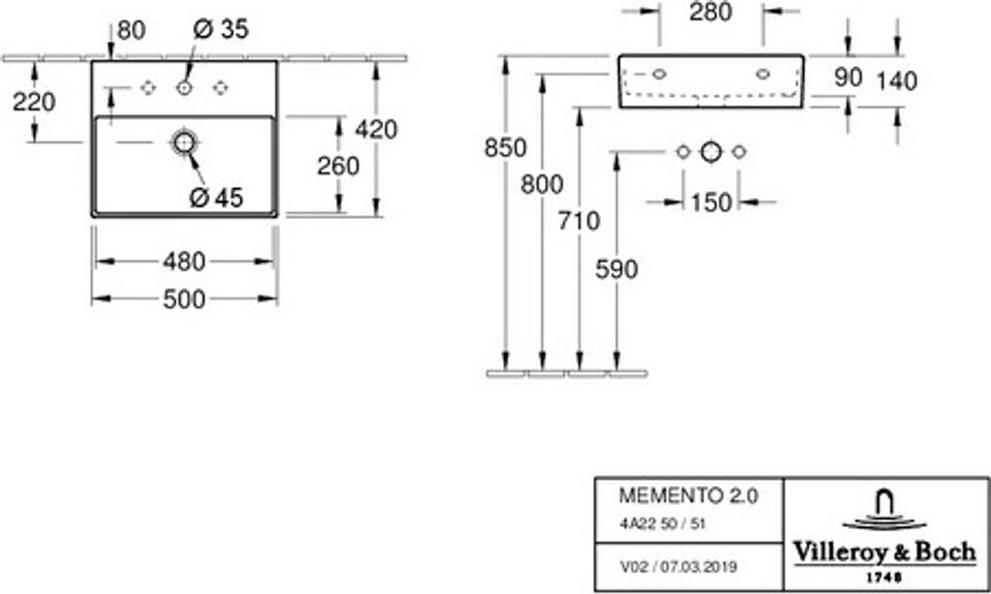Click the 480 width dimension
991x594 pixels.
184,262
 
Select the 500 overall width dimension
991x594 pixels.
184,300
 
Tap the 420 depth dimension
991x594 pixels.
376,129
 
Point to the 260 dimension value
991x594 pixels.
339,166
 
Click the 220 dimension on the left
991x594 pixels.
34,101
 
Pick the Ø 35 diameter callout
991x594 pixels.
221,30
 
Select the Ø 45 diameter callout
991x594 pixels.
216,197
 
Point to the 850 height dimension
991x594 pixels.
506,148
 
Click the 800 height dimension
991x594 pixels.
542,184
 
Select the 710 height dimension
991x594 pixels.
580,221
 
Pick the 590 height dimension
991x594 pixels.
616,269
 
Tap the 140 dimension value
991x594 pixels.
896,81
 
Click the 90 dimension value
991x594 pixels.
848,78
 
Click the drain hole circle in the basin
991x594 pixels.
184,143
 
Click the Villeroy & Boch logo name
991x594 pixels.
885,552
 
